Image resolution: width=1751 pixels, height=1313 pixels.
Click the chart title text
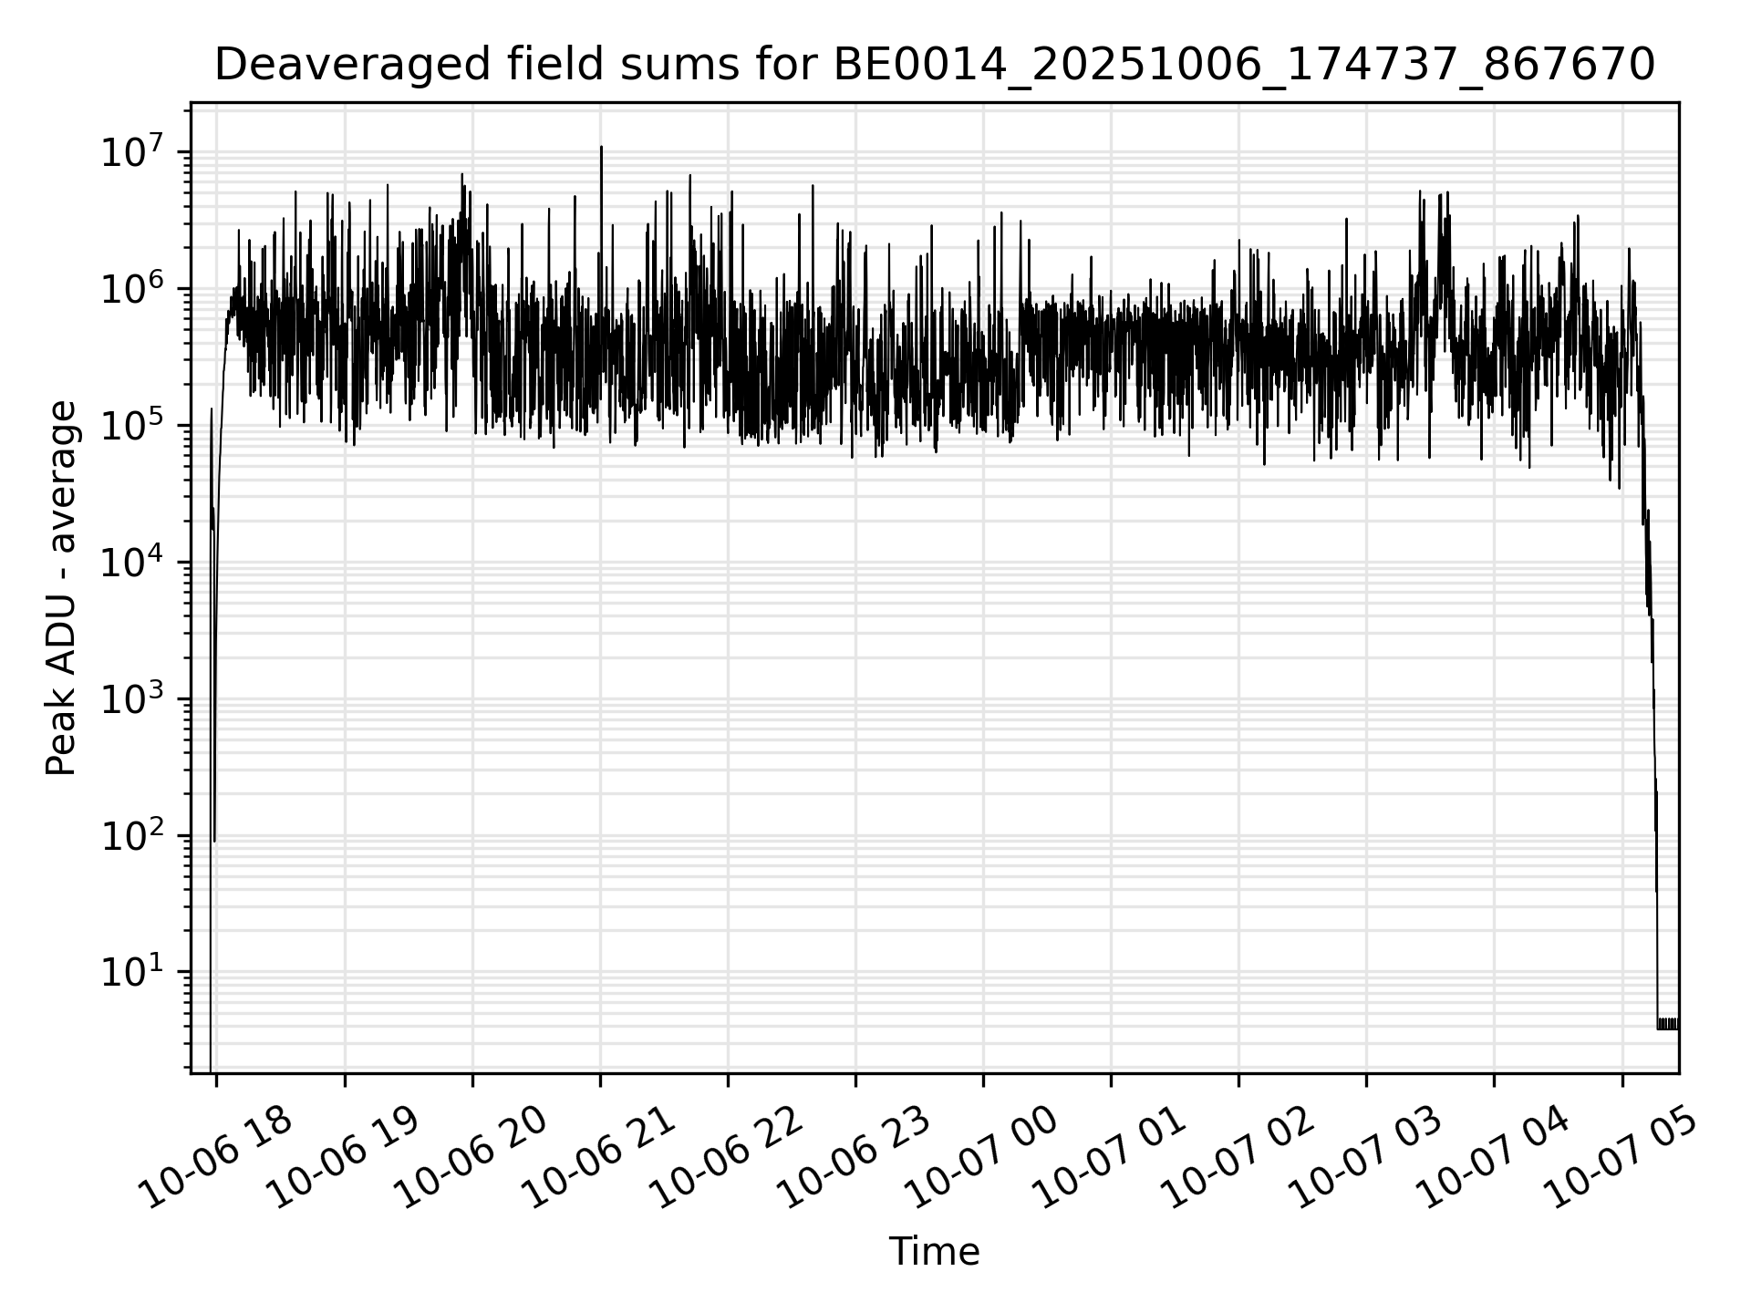[934, 66]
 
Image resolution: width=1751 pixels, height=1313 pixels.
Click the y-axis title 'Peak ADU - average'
[62, 589]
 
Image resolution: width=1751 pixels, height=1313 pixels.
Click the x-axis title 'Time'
[934, 1252]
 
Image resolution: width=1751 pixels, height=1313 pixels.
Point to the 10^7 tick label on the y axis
[132, 151]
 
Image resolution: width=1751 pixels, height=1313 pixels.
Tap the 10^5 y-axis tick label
[132, 425]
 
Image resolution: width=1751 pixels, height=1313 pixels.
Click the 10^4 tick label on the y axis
[132, 562]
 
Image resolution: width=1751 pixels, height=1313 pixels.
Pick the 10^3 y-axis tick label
[132, 698]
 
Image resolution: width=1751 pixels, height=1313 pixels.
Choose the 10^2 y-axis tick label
[132, 835]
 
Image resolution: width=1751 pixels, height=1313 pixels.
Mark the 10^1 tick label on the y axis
[132, 972]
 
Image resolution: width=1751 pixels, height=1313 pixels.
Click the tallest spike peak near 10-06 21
[601, 148]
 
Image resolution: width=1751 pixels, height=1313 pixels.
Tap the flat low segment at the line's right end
[1668, 1024]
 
